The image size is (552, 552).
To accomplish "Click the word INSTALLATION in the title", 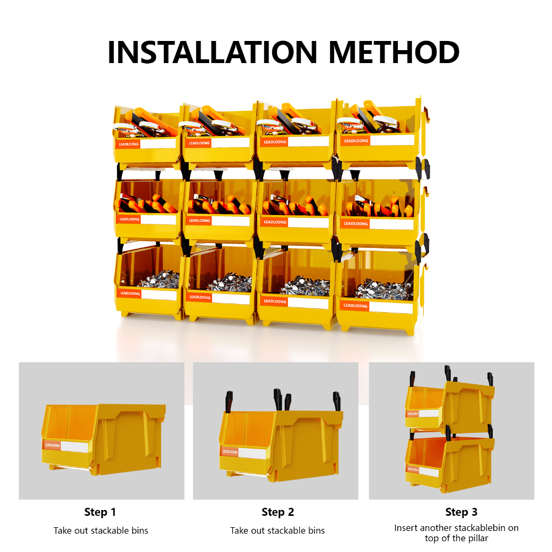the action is click(212, 52).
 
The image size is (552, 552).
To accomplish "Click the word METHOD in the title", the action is click(394, 52).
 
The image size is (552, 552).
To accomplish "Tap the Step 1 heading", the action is click(100, 512).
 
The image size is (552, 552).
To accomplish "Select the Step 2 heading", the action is click(278, 512).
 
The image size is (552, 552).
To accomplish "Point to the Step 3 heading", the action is click(461, 512).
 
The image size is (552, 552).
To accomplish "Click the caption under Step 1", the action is click(101, 530).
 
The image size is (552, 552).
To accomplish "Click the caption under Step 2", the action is click(278, 530).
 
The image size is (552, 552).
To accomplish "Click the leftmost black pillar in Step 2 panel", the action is click(229, 401).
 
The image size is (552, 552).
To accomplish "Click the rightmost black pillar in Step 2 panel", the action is click(337, 401).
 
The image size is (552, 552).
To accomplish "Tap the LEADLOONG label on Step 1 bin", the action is click(52, 445).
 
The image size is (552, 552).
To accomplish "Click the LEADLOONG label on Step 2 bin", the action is click(230, 452).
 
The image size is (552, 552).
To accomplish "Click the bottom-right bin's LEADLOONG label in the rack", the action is click(355, 306).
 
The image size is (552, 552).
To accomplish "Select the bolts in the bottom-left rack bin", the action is click(160, 280).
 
